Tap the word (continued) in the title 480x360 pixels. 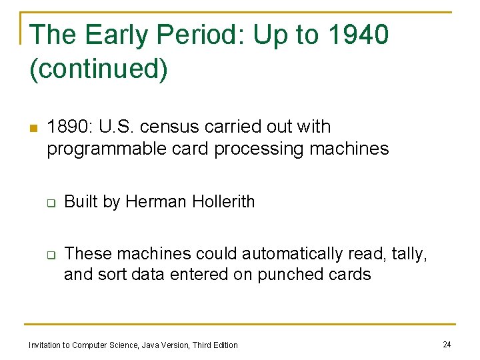coord(99,69)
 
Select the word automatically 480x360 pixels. coord(293,254)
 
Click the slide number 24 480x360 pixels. coord(447,344)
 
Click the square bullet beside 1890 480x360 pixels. coord(33,128)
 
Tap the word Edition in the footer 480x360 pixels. coord(224,345)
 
